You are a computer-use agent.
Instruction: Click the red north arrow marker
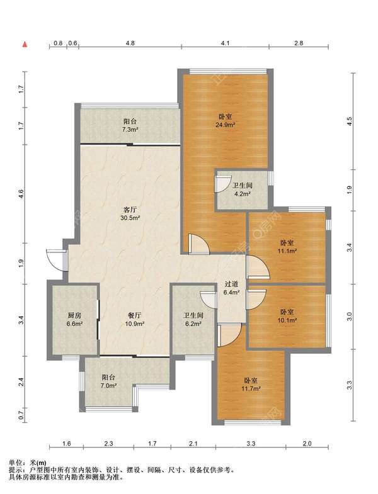click(25, 44)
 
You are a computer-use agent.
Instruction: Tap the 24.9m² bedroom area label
click(226, 125)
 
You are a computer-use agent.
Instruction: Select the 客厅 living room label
click(130, 209)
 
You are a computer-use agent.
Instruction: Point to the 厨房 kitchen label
click(75, 315)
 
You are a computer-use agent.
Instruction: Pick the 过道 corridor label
click(231, 284)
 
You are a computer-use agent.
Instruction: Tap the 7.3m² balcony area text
click(130, 130)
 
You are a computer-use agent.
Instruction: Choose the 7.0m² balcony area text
click(108, 385)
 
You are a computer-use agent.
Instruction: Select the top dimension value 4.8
click(130, 43)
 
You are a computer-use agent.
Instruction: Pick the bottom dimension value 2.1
click(193, 444)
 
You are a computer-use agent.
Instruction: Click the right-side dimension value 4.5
click(348, 121)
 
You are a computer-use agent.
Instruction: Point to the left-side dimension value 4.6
click(21, 193)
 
